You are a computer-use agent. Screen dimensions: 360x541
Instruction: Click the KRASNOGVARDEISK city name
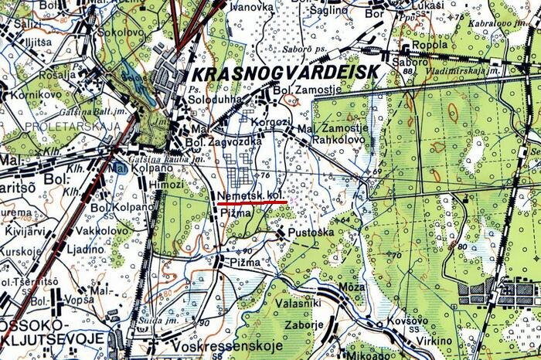(x=284, y=73)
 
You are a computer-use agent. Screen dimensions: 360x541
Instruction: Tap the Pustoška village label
(x=310, y=232)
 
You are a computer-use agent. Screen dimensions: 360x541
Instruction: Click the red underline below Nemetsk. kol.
(x=253, y=202)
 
